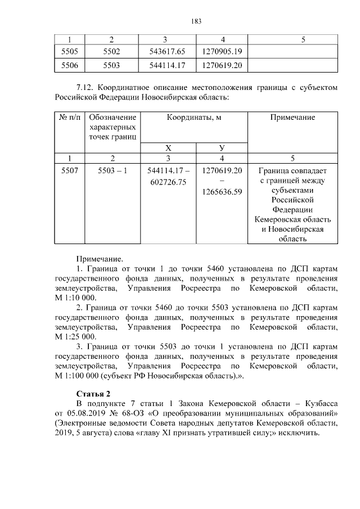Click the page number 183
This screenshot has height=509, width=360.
coord(180,21)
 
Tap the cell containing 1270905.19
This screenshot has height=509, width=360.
coord(222,52)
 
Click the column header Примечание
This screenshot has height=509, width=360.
coord(292,118)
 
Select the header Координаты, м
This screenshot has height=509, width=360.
coord(194,118)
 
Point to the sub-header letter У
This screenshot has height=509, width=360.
coord(222,147)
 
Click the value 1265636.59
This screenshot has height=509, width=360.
coord(222,192)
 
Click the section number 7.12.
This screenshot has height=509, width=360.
coord(85,88)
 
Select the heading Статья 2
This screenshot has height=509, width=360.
coord(93,393)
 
